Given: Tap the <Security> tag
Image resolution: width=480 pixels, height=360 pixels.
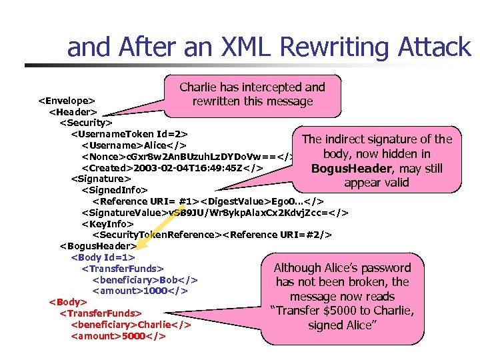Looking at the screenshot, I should [86, 123].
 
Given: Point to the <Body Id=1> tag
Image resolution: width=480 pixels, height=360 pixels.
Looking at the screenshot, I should [103, 257].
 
